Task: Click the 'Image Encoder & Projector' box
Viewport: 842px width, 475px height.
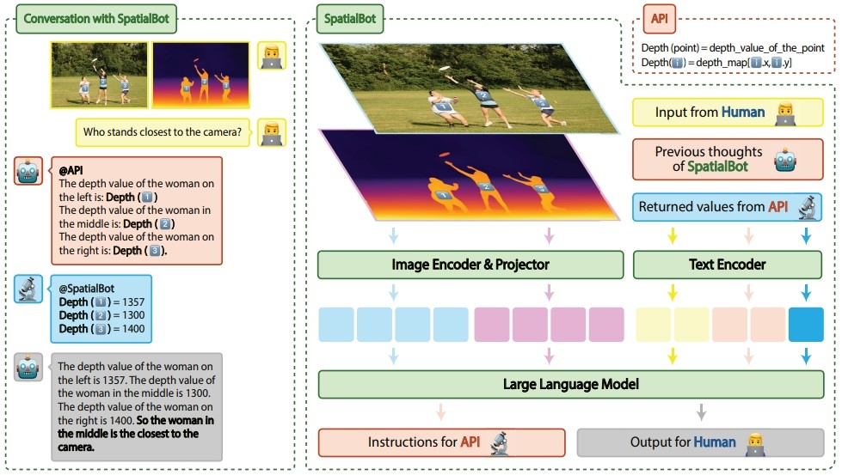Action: pos(470,265)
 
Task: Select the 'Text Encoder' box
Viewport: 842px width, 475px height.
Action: pos(727,265)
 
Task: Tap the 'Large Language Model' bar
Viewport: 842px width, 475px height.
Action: pos(571,384)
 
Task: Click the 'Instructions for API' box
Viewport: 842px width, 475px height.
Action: pos(441,442)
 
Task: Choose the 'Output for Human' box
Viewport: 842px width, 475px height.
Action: pos(700,442)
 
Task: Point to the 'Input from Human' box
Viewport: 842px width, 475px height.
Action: pos(728,112)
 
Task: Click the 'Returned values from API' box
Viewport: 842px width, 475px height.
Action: pos(727,207)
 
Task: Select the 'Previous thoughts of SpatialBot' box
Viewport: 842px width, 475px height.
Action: pos(728,159)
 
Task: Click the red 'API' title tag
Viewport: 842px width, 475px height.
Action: pos(659,19)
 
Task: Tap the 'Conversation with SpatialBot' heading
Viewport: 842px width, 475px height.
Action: pos(96,19)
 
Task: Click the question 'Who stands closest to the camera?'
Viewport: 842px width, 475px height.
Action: pos(163,132)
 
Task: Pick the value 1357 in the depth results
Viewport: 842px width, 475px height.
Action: pos(133,301)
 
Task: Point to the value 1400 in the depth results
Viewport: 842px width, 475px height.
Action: pos(133,329)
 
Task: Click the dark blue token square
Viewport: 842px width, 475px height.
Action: pos(806,325)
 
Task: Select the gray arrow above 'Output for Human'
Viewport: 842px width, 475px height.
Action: pos(701,412)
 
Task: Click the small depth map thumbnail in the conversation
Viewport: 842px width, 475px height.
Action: pos(201,75)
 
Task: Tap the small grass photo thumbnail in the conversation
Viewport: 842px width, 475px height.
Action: pos(99,75)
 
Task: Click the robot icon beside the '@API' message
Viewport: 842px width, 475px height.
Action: pos(28,171)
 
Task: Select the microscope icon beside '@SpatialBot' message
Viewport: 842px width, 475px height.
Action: pos(28,289)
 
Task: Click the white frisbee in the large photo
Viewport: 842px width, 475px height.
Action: pos(444,68)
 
